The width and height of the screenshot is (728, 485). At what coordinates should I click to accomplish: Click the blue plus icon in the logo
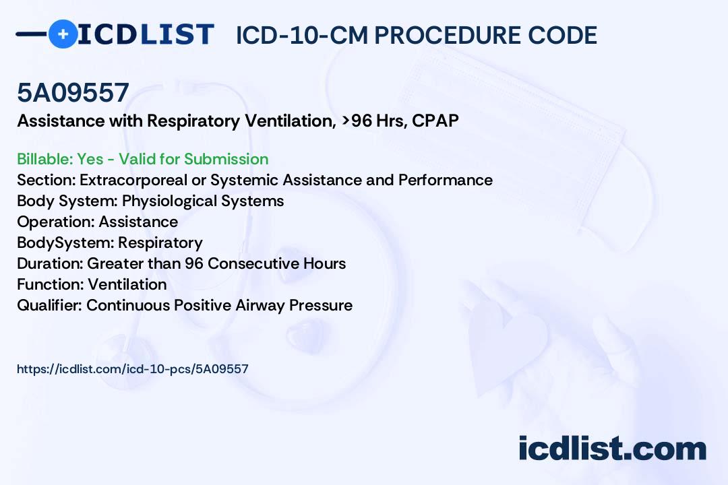63,34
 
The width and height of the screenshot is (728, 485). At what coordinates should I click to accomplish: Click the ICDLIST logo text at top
146,34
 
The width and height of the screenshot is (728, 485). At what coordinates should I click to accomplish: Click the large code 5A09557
73,92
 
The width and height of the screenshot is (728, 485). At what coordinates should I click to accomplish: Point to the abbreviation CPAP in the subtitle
435,121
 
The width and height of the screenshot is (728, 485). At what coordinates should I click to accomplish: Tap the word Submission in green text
226,159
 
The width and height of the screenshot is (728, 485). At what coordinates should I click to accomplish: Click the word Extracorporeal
133,180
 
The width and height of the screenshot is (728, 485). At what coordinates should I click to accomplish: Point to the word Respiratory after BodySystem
160,243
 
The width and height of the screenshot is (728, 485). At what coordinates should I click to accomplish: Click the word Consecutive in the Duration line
253,263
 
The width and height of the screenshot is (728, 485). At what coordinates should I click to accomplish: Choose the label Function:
51,284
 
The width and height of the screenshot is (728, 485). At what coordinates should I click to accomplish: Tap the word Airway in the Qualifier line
260,305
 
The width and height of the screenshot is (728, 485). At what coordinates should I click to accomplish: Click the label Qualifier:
50,305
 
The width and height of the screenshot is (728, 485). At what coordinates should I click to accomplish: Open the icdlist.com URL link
133,369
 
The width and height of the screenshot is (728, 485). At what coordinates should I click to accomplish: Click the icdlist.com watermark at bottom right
612,449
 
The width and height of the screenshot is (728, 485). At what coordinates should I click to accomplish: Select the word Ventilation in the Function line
127,284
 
